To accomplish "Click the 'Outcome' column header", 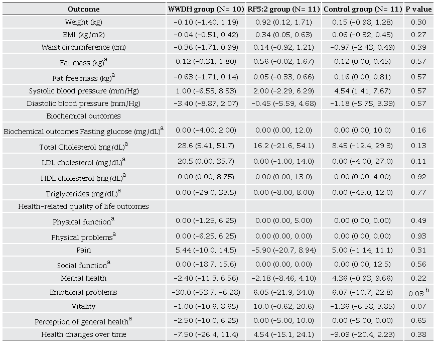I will [x=84, y=9].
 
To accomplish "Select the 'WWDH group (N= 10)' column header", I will [x=206, y=9].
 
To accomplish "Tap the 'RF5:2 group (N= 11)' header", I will [x=283, y=9].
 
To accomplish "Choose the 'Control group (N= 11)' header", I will [x=362, y=9].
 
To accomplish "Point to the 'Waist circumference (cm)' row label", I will [x=84, y=47].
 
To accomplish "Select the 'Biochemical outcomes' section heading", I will [x=84, y=116].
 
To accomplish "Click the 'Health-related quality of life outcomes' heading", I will [x=84, y=206].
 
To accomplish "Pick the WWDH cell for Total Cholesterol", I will [x=206, y=146].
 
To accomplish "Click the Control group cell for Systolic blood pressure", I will [x=362, y=91].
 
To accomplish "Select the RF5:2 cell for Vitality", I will [x=283, y=306].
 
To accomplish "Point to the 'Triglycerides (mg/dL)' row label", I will [x=84, y=193].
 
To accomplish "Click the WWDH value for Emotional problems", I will [x=206, y=292].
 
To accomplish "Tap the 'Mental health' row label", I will [x=84, y=278].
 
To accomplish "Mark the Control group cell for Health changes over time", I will [x=362, y=334].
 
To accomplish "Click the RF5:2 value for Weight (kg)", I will [x=283, y=23].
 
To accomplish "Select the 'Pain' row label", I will [x=84, y=250].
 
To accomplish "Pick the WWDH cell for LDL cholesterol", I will [x=206, y=162].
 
